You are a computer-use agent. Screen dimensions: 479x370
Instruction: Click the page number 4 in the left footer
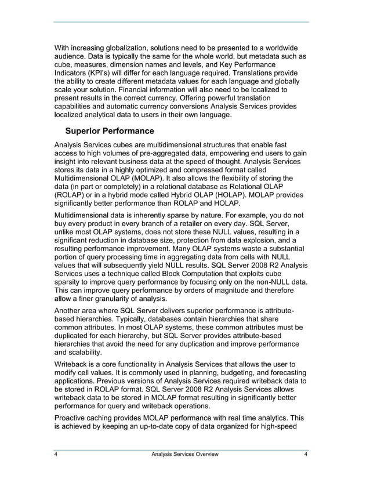56,454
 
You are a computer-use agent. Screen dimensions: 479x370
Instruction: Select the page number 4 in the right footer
305,454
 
